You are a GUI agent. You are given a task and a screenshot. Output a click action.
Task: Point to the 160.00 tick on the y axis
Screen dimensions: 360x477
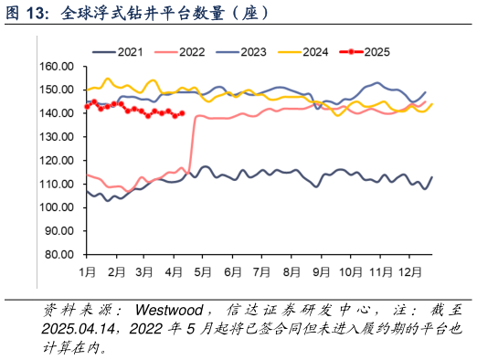pos(56,67)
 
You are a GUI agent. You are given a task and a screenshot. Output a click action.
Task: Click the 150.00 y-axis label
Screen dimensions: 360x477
pos(56,90)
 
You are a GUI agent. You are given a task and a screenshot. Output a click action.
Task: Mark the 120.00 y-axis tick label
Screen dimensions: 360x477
pos(56,161)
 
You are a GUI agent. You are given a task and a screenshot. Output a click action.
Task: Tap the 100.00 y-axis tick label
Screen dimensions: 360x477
pos(56,208)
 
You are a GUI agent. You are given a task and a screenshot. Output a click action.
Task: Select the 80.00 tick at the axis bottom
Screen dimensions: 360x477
pos(58,255)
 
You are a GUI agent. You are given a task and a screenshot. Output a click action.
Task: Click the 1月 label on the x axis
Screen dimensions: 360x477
pos(88,272)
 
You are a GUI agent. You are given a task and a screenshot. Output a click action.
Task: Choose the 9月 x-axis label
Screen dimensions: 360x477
pos(322,272)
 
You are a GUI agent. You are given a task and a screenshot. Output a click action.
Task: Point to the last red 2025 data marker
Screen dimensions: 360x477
pos(183,113)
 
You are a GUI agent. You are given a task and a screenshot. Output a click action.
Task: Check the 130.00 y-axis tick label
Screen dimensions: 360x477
pos(56,137)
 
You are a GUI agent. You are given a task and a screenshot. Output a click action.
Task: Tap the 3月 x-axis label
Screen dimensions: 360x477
pos(144,272)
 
